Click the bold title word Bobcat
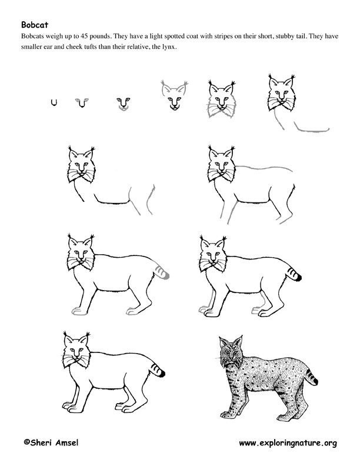pos(35,24)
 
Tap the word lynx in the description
pos(169,47)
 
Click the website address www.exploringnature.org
pos(288,443)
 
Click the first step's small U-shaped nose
pos(54,102)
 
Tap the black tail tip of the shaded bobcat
pos(315,381)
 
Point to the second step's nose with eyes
pos(82,102)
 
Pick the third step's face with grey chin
pos(124,104)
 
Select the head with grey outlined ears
pos(174,95)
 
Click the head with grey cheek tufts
pos(222,99)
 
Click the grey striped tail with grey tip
pos(162,272)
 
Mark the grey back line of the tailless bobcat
pos(264,168)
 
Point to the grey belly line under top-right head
pos(311,129)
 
